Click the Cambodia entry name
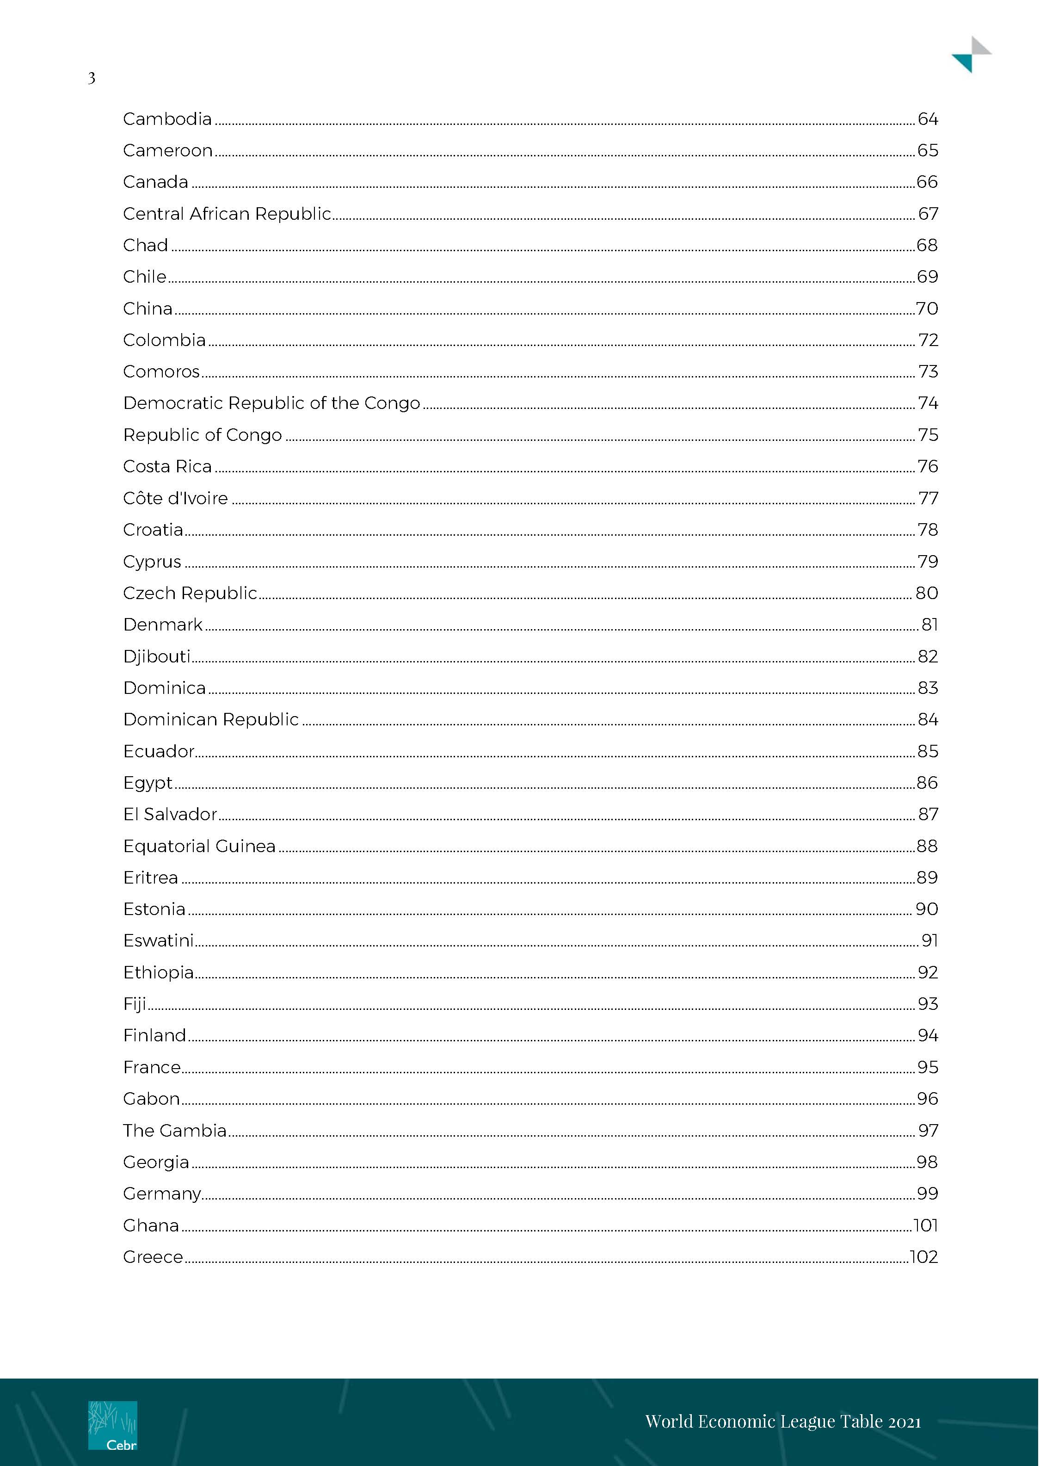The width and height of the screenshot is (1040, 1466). point(167,119)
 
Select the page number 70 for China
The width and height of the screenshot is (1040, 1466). point(927,309)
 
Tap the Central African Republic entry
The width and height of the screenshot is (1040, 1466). point(227,214)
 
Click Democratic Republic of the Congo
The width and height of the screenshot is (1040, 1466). point(271,403)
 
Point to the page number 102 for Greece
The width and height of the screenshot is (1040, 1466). point(923,1257)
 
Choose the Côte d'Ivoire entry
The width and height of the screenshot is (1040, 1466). point(175,498)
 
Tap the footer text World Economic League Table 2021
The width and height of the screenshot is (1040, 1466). point(782,1422)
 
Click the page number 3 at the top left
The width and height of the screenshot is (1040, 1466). point(92,78)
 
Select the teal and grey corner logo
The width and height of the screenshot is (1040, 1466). point(971,55)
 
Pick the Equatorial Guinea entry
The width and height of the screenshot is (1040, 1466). point(199,847)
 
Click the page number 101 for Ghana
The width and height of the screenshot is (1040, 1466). point(925,1226)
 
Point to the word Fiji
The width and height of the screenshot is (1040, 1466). point(135,1004)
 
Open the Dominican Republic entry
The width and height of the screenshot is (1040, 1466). point(211,720)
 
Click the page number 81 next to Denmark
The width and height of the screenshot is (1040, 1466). point(929,625)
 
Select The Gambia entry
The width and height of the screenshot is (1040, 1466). point(175,1131)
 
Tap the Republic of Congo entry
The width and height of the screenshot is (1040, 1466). point(203,435)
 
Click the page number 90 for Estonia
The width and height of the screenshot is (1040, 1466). point(927,909)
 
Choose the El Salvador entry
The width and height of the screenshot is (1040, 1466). point(170,815)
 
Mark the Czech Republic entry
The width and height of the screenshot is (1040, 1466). point(190,594)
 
